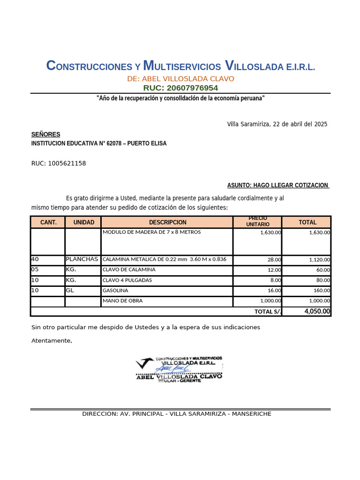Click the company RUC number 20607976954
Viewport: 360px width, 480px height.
pos(180,88)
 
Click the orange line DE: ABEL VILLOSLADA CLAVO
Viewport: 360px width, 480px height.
pos(180,79)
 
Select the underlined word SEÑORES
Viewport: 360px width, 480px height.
pos(45,135)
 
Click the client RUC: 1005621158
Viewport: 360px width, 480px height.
pos(59,164)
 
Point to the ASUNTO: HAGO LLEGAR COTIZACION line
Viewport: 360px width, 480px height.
pos(278,186)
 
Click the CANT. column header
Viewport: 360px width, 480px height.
pos(48,222)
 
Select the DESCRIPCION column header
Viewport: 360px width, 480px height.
pos(167,222)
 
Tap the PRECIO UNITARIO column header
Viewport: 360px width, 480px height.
pos(258,222)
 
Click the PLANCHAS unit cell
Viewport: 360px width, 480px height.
pos(82,259)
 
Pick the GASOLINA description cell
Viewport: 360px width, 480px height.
pos(115,291)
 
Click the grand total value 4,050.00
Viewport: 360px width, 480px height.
pos(317,311)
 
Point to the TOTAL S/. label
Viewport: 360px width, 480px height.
pos(268,312)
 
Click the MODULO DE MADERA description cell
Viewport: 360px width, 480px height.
pos(151,232)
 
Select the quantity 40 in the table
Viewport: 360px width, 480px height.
pos(35,259)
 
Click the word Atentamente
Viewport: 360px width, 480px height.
pos(52,341)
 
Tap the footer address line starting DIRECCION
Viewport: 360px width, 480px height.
pos(176,414)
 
